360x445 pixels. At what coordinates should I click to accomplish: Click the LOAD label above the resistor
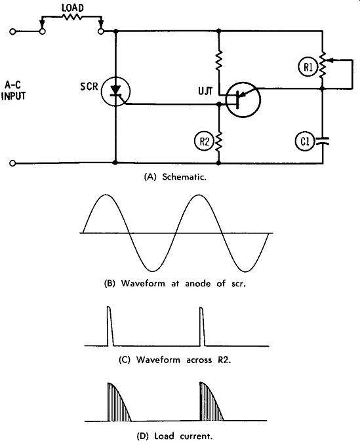tap(73, 8)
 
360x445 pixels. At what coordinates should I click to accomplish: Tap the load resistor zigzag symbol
tap(72, 17)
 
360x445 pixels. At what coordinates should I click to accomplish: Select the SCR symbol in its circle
tap(115, 91)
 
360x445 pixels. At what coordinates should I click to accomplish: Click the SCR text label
tap(89, 86)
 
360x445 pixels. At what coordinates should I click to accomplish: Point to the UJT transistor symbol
tap(243, 100)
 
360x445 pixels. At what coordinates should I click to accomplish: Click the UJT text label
tap(205, 91)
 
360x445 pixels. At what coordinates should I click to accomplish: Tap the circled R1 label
tap(308, 68)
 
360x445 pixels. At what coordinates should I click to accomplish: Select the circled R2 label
tap(204, 141)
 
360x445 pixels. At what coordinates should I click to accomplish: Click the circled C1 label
tap(305, 142)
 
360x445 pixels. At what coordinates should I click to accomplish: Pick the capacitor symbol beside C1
tap(323, 141)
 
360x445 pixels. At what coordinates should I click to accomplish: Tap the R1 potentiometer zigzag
tap(323, 66)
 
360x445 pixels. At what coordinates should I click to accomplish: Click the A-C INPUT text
tap(13, 90)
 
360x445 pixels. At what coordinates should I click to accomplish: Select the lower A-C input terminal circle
tap(12, 163)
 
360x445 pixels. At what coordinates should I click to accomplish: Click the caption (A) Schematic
tap(175, 177)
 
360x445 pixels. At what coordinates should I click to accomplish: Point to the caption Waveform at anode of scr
tap(183, 284)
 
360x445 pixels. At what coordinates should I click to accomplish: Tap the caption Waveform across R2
tap(184, 360)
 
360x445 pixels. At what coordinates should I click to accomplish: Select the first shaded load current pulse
tap(119, 402)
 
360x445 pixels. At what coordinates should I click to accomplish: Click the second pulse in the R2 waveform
tap(202, 326)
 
